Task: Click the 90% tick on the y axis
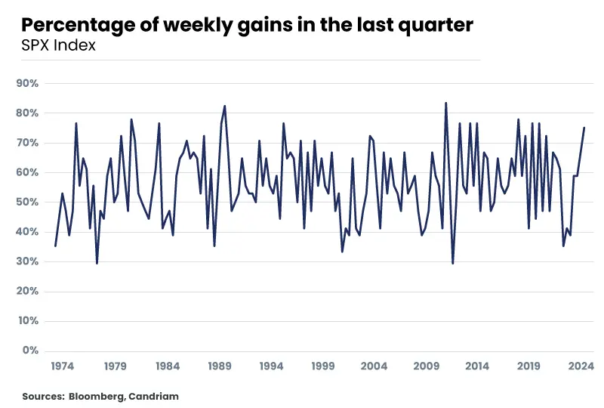click(27, 83)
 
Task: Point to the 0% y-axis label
click(30, 350)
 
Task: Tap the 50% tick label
click(27, 202)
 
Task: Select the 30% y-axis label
click(27, 261)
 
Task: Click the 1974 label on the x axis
click(63, 366)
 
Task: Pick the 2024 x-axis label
click(581, 366)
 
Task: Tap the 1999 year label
click(323, 366)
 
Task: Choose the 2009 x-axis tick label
click(426, 366)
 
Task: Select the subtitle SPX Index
click(59, 45)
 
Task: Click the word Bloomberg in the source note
click(97, 396)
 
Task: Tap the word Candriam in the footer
click(154, 396)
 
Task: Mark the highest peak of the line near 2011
click(445, 103)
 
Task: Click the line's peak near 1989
click(224, 106)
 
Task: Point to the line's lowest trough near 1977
click(97, 264)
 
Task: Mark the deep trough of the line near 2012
click(452, 264)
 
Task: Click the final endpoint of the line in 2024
click(584, 128)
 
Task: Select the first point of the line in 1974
click(55, 246)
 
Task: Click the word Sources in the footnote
click(43, 396)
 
